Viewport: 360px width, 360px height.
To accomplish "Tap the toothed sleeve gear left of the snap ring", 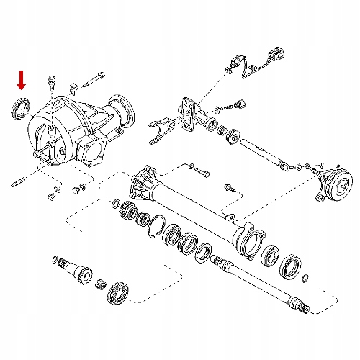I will [127, 210].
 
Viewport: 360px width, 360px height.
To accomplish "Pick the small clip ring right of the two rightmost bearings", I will [308, 278].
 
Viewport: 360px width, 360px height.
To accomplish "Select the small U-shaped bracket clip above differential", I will [73, 89].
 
